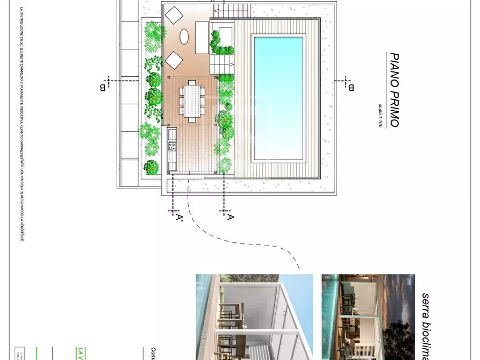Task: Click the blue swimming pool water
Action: [278, 98]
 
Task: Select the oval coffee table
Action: [184, 37]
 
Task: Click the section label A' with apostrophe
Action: [178, 217]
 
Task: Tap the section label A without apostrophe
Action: [230, 217]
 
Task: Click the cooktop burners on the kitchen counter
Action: [173, 145]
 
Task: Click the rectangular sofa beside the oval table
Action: [202, 37]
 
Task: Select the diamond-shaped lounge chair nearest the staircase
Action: [174, 14]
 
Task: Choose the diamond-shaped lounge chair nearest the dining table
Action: [174, 60]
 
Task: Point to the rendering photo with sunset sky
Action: [368, 317]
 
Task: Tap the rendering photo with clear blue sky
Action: [254, 317]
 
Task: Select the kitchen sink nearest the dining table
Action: [173, 133]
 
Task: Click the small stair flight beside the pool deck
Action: [223, 65]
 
